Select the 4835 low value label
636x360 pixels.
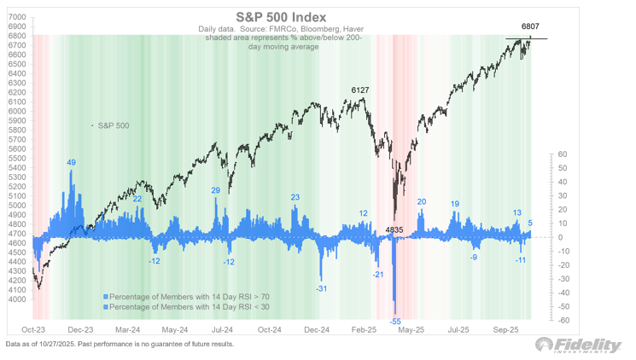(x=394, y=229)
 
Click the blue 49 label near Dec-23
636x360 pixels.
(x=72, y=163)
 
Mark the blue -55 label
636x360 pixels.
(x=395, y=321)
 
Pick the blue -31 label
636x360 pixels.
(x=322, y=289)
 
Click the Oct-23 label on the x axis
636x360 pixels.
(x=33, y=328)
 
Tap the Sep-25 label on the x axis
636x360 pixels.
(x=507, y=328)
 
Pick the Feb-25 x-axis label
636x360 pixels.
(x=365, y=328)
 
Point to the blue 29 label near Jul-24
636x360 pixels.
(x=216, y=190)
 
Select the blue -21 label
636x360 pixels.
(x=378, y=274)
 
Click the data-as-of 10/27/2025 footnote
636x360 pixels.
(x=119, y=344)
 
